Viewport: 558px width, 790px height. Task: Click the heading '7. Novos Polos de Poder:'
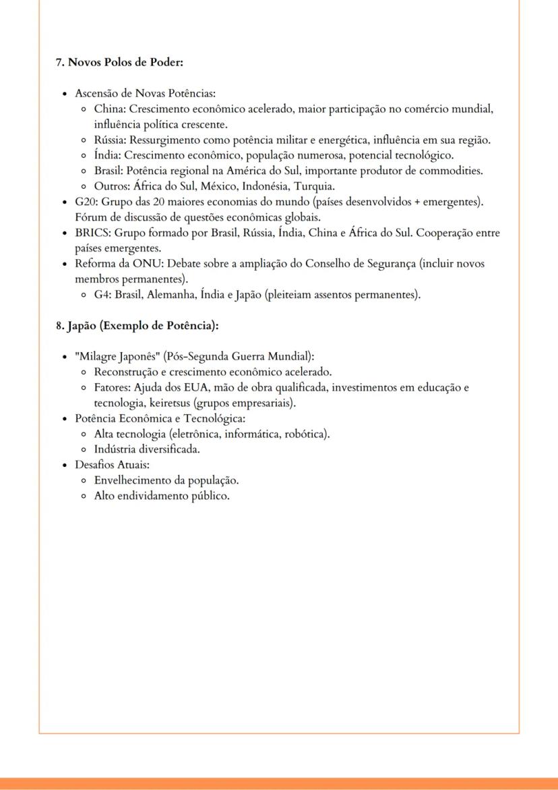(119, 62)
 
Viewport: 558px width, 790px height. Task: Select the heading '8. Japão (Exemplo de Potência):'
(137, 325)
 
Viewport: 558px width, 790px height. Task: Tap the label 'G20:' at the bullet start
(87, 202)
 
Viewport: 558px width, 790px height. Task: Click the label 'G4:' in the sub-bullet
(103, 295)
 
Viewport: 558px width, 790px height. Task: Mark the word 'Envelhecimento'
(131, 480)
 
